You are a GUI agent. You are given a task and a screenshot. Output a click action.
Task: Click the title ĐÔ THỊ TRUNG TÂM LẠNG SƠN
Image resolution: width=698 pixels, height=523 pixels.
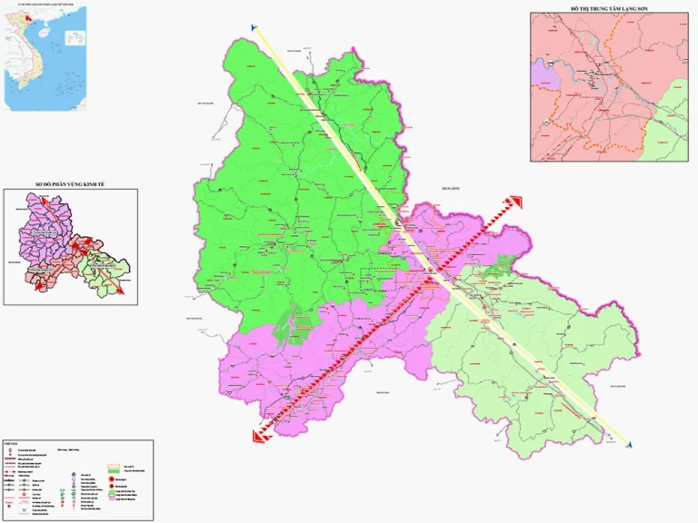point(609,8)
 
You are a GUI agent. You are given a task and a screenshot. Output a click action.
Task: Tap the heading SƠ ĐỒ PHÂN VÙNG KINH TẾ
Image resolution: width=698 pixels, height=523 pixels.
point(71,184)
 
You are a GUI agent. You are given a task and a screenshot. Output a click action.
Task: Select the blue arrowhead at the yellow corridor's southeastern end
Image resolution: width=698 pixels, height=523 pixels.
point(629,445)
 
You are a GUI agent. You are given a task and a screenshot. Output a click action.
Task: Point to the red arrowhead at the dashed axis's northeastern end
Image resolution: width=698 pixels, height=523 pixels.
point(515,202)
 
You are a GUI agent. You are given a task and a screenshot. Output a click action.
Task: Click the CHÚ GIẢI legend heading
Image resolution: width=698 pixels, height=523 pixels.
point(11,445)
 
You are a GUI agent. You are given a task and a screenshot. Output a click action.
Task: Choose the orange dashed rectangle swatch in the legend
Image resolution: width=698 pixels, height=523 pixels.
point(114,464)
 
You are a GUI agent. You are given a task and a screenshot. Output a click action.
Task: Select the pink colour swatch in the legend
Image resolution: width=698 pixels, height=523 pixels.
point(113,499)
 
